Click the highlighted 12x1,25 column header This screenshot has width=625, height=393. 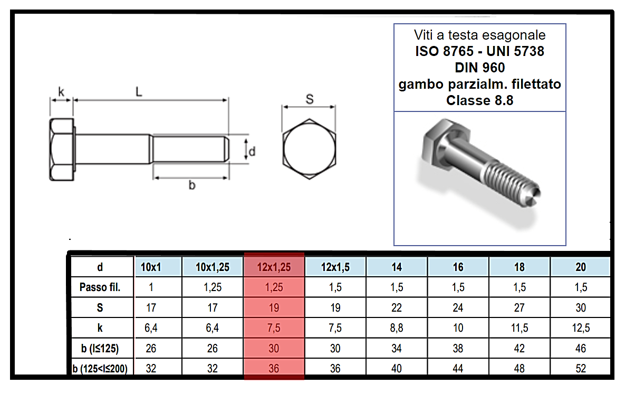coord(274,267)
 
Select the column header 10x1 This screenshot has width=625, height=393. coord(151,267)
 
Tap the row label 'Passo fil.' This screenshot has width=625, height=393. coord(100,288)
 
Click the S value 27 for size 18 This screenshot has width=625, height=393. coord(519,308)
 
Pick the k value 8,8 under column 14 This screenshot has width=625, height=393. coord(397,328)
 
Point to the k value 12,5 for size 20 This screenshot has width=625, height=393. coord(580,328)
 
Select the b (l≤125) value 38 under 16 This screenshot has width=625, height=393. coord(458,349)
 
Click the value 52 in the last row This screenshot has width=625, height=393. coord(580,369)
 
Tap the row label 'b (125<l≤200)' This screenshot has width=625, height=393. coord(100,369)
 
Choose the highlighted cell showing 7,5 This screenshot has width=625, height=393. coord(274,328)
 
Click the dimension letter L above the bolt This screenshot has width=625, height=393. coord(139,91)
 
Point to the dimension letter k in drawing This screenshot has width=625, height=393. coord(61,92)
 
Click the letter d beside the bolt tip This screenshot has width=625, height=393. coord(252,152)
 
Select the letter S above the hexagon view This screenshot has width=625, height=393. coord(310,98)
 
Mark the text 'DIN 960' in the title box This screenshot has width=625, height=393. coord(479,68)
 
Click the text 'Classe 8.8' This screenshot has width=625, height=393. coord(479,100)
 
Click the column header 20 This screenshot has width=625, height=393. coord(580,267)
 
